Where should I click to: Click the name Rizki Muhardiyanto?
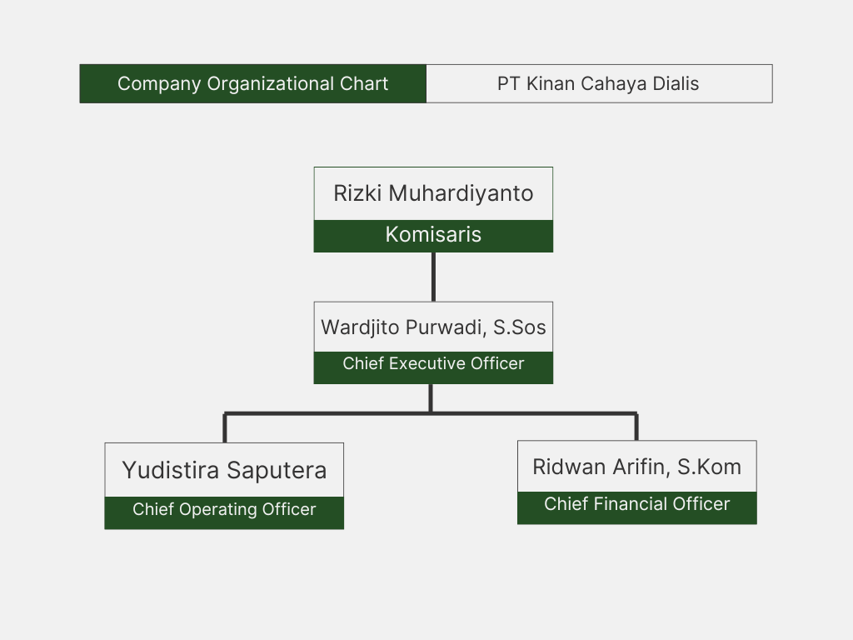click(x=433, y=193)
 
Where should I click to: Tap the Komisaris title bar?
click(x=433, y=235)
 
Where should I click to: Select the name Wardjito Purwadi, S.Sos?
click(x=433, y=327)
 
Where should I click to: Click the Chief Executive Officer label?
click(x=433, y=363)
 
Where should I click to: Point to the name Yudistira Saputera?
click(x=224, y=470)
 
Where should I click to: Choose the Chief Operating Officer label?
click(x=224, y=509)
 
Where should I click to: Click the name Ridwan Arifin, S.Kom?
click(x=636, y=467)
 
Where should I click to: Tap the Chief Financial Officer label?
click(x=636, y=504)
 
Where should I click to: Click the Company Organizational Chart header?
click(x=253, y=83)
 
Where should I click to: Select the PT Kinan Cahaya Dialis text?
click(x=598, y=83)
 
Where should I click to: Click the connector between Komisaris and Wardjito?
click(x=433, y=276)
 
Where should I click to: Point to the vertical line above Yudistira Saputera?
click(x=225, y=427)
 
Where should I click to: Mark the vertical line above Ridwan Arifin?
click(x=636, y=426)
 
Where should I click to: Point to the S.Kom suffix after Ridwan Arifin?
click(x=709, y=467)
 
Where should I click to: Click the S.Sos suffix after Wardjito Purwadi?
click(x=520, y=327)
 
